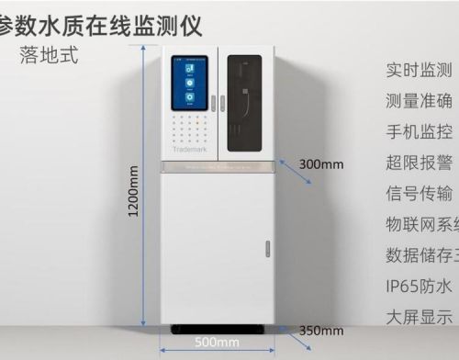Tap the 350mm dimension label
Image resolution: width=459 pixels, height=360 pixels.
(320, 330)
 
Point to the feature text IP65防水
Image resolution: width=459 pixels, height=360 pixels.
(419, 285)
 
